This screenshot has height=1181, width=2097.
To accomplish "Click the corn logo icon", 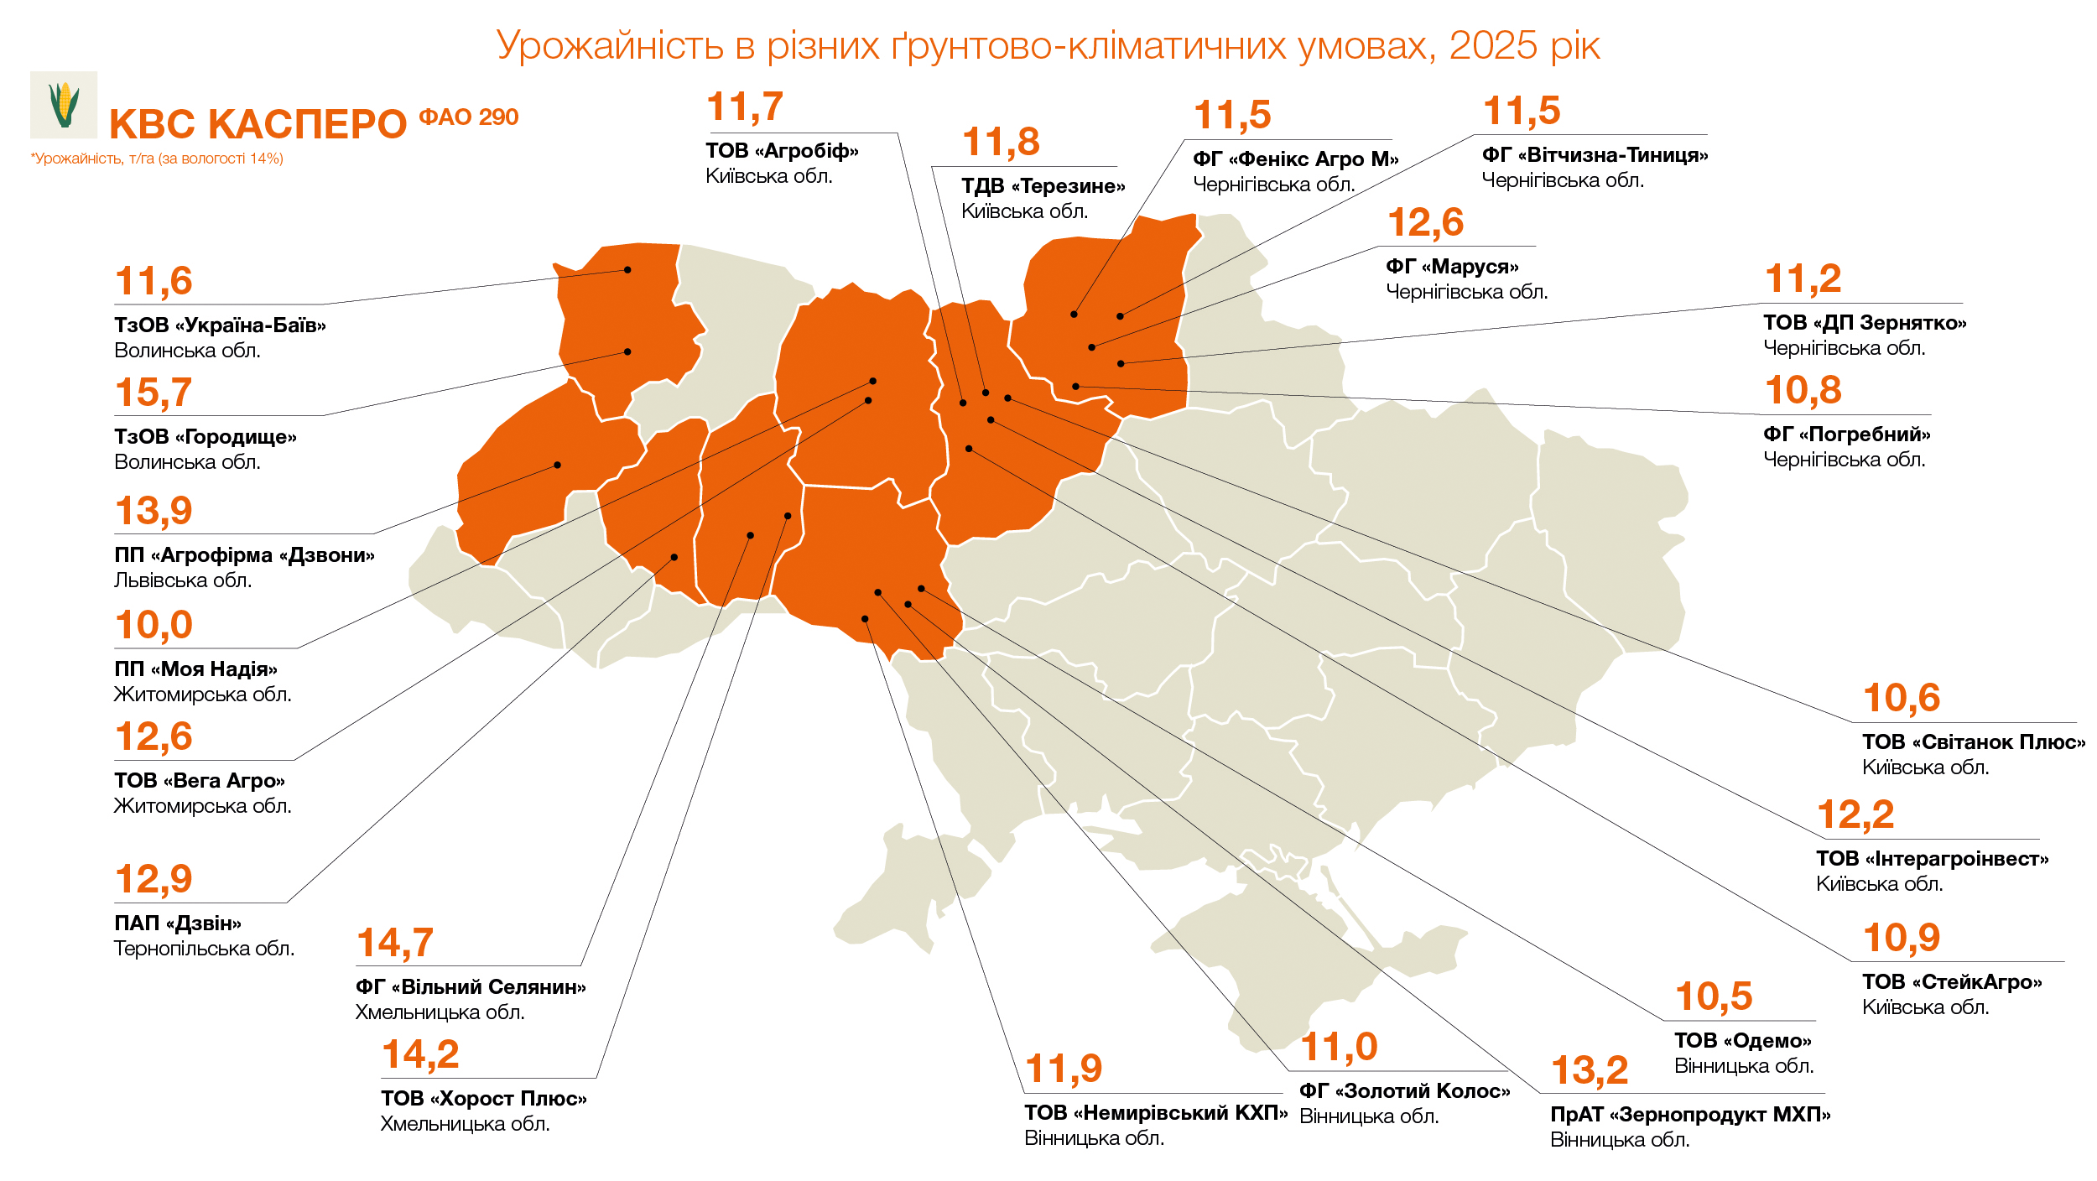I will [x=64, y=105].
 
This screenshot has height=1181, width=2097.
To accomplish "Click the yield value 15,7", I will [x=154, y=393].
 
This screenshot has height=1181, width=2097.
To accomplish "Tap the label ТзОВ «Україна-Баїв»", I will [x=220, y=325].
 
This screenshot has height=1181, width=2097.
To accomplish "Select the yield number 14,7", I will [x=395, y=943].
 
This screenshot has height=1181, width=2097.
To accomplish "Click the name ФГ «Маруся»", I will [x=1452, y=267].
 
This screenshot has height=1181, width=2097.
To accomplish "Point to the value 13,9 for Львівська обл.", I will [x=154, y=511].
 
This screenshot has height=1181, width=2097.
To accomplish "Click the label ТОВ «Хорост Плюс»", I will [x=483, y=1099].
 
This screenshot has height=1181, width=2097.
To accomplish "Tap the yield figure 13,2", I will [x=1590, y=1070].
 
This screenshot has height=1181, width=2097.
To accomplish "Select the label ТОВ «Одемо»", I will [x=1743, y=1041].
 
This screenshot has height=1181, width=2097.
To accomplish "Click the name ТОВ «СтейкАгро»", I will [x=1952, y=982].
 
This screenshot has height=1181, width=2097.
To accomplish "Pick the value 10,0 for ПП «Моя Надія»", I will [x=154, y=625].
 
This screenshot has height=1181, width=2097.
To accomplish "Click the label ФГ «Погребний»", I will [x=1846, y=434].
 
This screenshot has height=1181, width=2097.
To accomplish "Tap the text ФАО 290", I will [x=468, y=117].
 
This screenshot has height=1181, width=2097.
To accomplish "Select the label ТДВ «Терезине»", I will [x=1043, y=186].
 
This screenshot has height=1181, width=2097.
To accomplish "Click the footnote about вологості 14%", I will [x=157, y=159].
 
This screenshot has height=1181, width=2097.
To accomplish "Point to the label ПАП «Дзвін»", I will [x=178, y=923].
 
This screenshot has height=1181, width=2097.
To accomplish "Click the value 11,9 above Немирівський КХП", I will [x=1064, y=1069].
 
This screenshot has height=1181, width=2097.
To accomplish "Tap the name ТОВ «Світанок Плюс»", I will [x=1973, y=742].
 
